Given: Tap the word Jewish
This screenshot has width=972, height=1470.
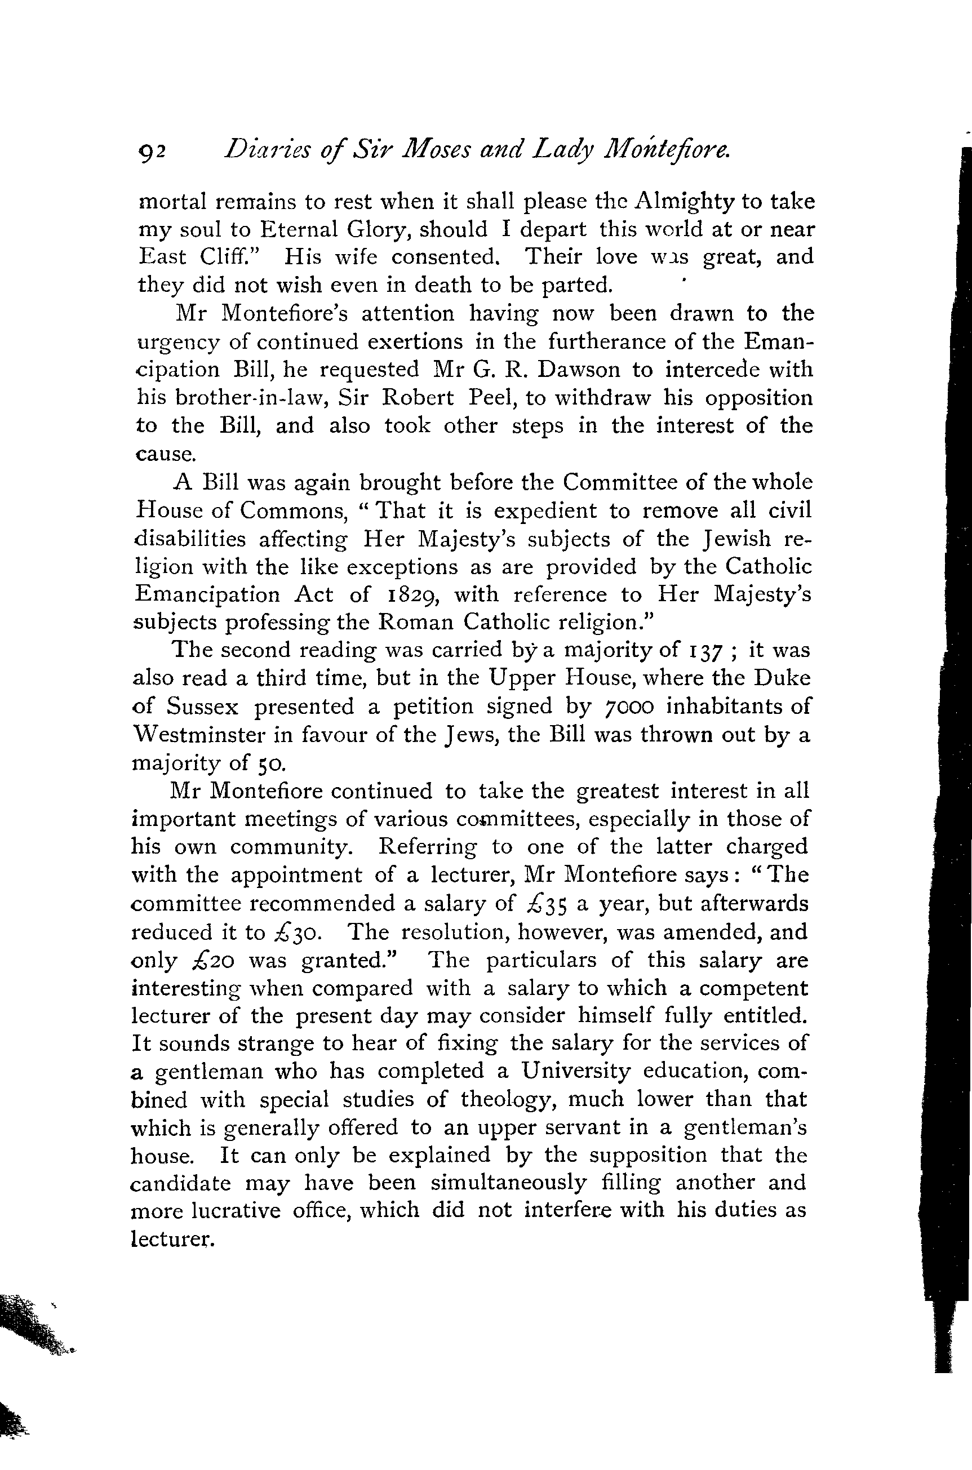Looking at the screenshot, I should tap(737, 539).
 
